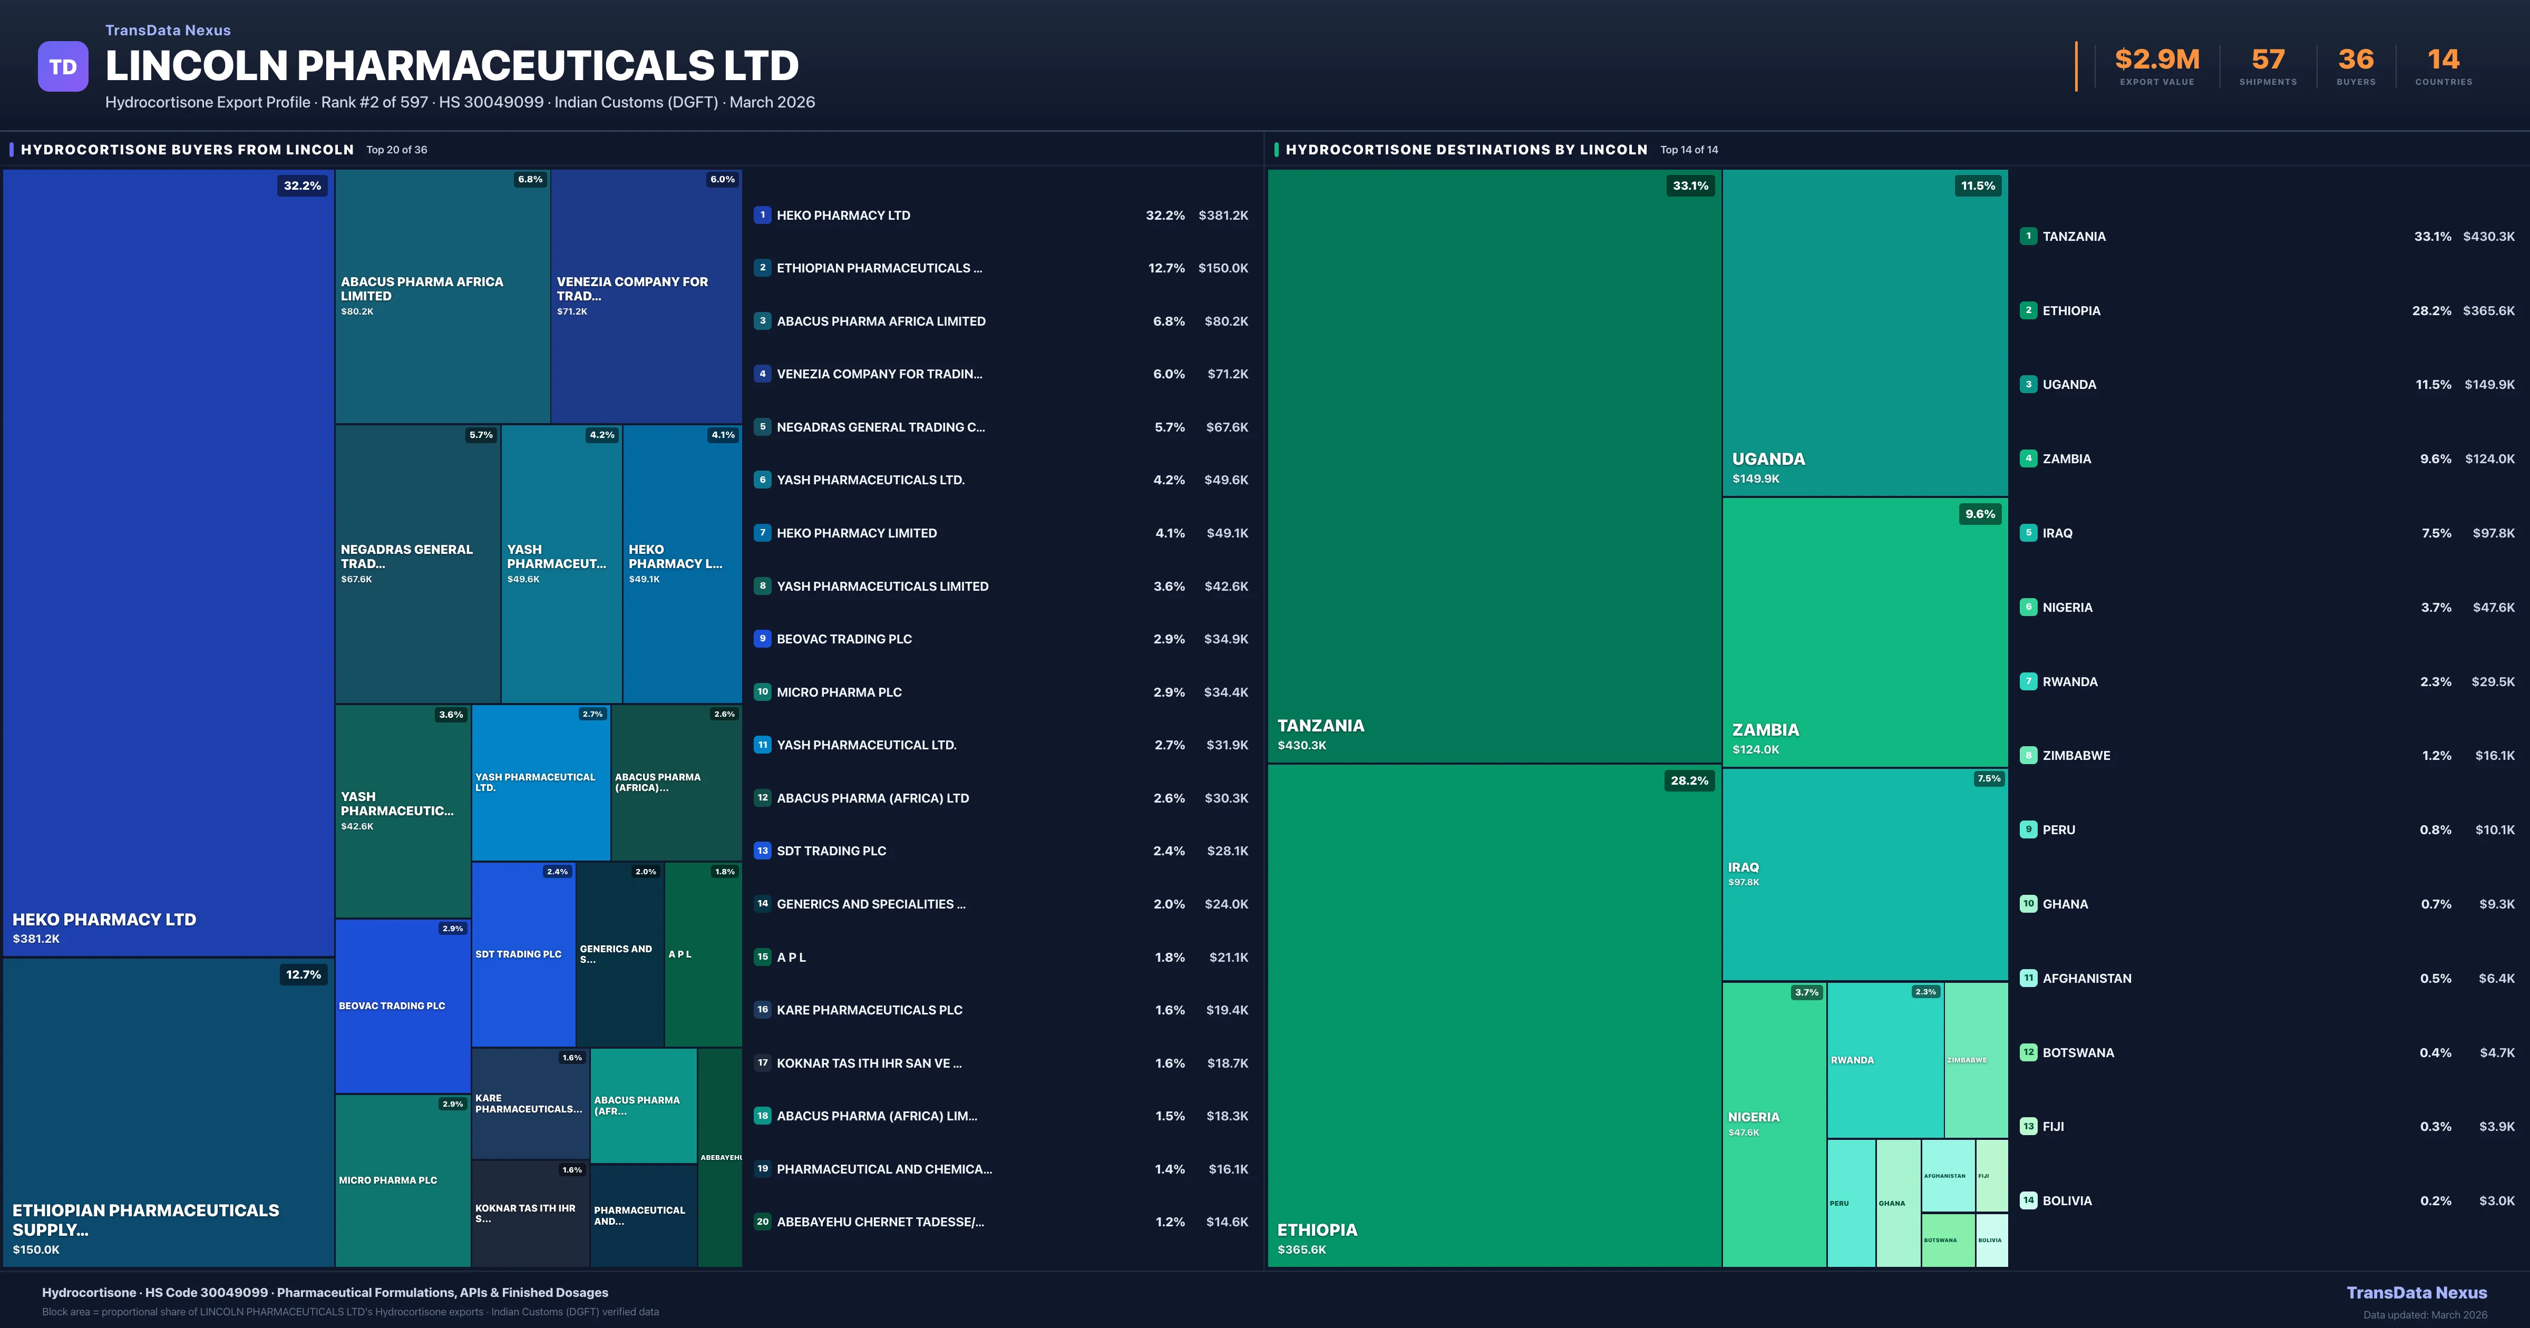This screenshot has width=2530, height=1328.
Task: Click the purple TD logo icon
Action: pos(63,67)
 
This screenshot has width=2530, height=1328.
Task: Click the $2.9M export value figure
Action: pos(2157,60)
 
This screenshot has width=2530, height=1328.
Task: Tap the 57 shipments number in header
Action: pos(2268,60)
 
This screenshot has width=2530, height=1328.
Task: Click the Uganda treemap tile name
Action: pos(1768,458)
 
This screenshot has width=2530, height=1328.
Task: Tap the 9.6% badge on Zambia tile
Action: pos(1979,514)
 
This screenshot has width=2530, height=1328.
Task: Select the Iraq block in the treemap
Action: pos(1864,874)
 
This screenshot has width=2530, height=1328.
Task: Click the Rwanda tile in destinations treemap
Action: pos(1884,1060)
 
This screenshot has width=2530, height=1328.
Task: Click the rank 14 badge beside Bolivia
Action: pos(2028,1200)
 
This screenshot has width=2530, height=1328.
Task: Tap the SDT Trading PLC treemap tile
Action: pos(522,954)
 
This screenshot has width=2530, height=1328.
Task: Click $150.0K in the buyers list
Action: pos(1223,268)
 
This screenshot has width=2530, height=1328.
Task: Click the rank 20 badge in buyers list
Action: pos(762,1222)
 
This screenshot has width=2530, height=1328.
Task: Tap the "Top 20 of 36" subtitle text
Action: pos(397,150)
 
